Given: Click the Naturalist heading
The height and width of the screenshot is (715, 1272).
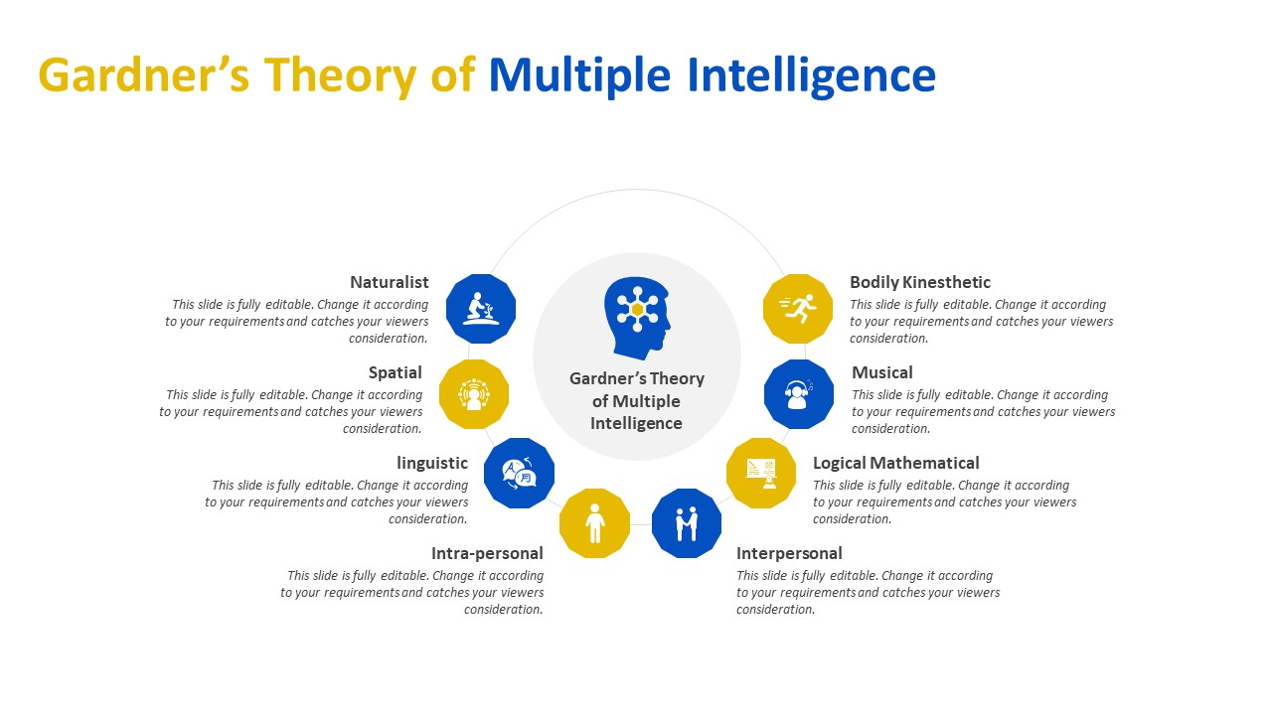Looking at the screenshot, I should click(x=390, y=282).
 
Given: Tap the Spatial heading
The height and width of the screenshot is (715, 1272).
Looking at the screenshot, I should click(x=396, y=372).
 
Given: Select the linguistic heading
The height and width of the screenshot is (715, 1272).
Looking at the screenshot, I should click(x=432, y=463).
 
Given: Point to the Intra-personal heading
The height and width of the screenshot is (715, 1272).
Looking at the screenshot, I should click(x=487, y=553).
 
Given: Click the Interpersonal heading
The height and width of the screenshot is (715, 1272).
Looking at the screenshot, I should click(x=789, y=553).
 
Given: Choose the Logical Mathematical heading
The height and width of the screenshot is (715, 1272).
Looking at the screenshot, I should click(x=895, y=463).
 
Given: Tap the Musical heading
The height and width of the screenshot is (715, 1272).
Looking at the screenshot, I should click(x=881, y=372).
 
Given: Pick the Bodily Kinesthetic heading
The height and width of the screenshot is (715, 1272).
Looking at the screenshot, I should click(x=920, y=282).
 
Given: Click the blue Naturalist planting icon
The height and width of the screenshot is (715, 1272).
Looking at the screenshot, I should click(x=481, y=309).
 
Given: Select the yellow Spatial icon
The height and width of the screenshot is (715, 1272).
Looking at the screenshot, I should click(x=474, y=394).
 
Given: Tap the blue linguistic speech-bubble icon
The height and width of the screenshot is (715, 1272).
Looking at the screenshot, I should click(x=519, y=473).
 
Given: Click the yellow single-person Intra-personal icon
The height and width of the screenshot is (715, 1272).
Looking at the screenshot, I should click(x=594, y=523).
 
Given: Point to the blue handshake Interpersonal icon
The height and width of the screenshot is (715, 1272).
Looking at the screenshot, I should click(x=687, y=523).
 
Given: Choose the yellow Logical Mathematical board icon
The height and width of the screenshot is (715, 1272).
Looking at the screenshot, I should click(x=761, y=473).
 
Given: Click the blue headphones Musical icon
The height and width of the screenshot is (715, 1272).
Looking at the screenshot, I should click(x=798, y=394).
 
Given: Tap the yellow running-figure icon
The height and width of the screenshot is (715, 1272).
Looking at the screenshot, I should click(x=798, y=309).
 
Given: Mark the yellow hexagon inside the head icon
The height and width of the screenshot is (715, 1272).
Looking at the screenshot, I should click(x=637, y=309).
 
